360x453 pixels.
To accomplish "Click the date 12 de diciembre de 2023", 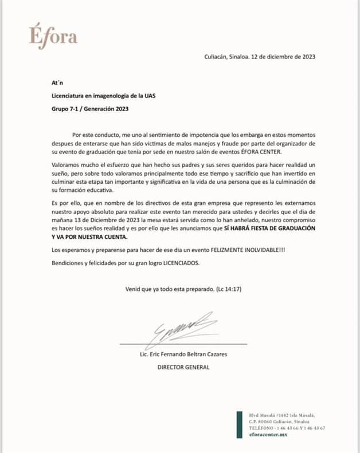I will pos(281,57).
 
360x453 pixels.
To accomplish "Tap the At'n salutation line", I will pos(57,82).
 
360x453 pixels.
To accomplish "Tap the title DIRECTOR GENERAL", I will pos(183,367).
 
